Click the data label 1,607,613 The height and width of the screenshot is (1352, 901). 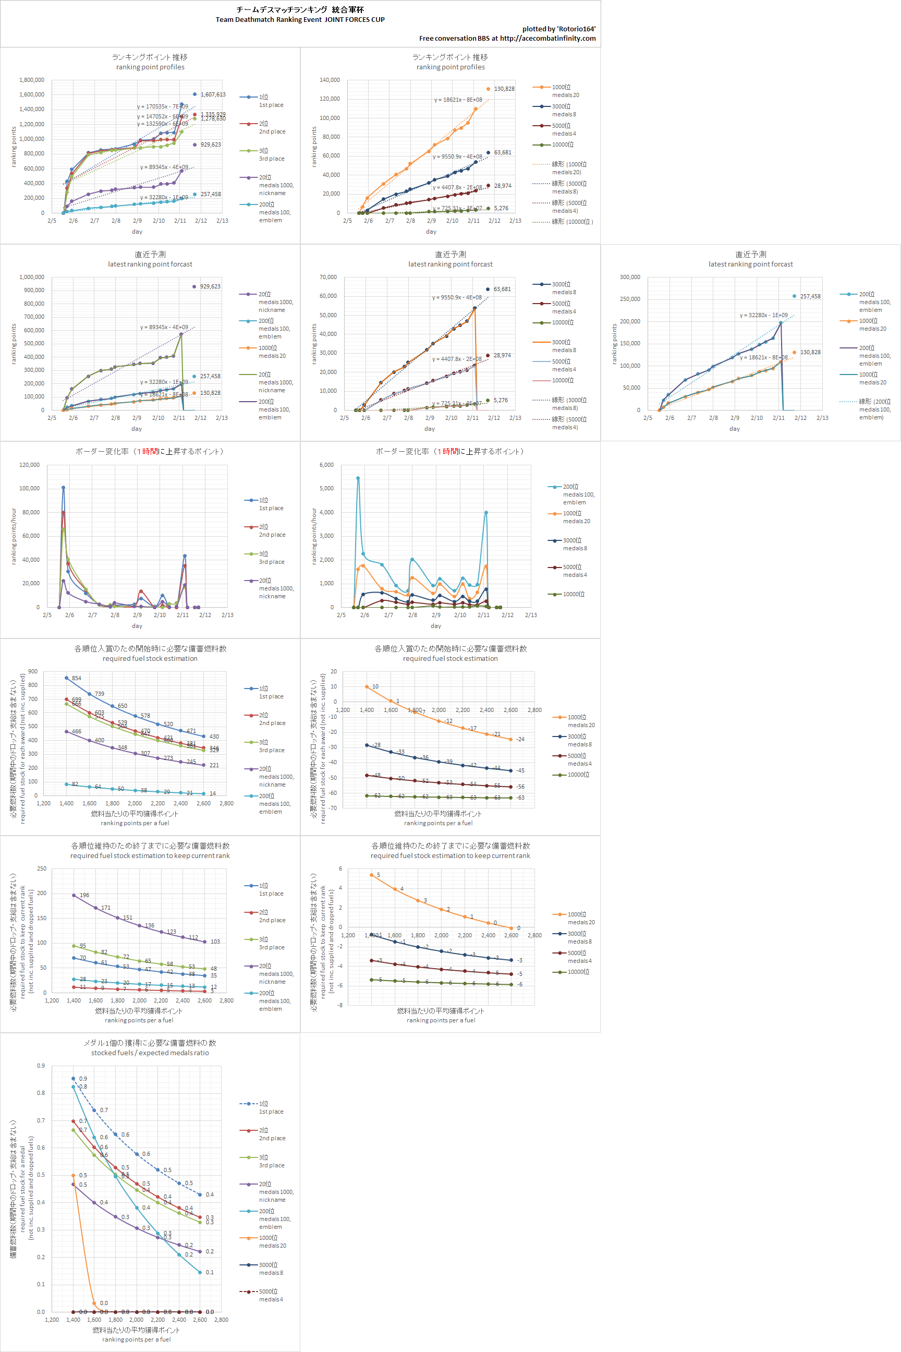(x=213, y=94)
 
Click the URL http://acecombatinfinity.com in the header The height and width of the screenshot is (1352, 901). (x=547, y=39)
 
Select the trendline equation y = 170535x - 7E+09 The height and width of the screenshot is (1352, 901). (x=162, y=106)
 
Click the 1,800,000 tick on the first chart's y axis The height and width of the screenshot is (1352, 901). (x=32, y=80)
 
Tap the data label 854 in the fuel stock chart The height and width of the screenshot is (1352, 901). (x=77, y=678)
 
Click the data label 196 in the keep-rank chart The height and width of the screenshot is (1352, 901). (x=84, y=895)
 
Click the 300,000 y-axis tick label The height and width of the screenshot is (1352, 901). (x=630, y=277)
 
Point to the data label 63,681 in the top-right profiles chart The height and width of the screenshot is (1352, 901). (x=502, y=152)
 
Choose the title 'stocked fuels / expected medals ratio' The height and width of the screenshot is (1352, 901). (x=150, y=1053)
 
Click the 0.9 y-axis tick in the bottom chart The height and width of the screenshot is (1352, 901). (x=41, y=1066)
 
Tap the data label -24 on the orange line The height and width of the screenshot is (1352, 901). (x=520, y=739)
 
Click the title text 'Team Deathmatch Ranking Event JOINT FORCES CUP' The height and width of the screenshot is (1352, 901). (x=300, y=19)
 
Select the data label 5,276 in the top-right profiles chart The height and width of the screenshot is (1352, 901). (x=501, y=208)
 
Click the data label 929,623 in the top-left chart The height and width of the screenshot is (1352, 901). (x=210, y=145)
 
